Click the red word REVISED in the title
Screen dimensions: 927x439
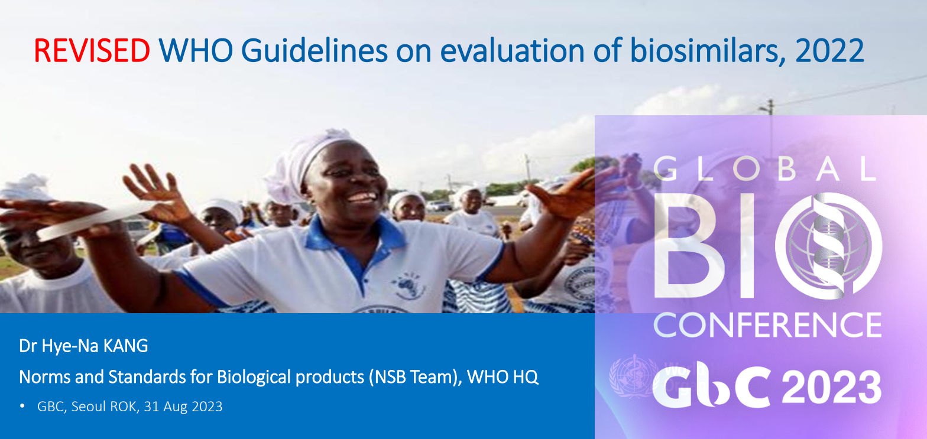pyautogui.click(x=92, y=51)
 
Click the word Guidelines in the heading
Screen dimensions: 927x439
pyautogui.click(x=314, y=51)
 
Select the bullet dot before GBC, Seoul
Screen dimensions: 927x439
pyautogui.click(x=22, y=407)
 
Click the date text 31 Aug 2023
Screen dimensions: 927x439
pyautogui.click(x=183, y=407)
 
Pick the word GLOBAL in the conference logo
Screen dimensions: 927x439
pyautogui.click(x=765, y=169)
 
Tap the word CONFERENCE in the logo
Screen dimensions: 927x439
pyautogui.click(x=767, y=325)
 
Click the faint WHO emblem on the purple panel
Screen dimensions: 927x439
pyautogui.click(x=633, y=376)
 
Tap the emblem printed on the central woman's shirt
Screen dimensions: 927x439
pyautogui.click(x=409, y=285)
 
